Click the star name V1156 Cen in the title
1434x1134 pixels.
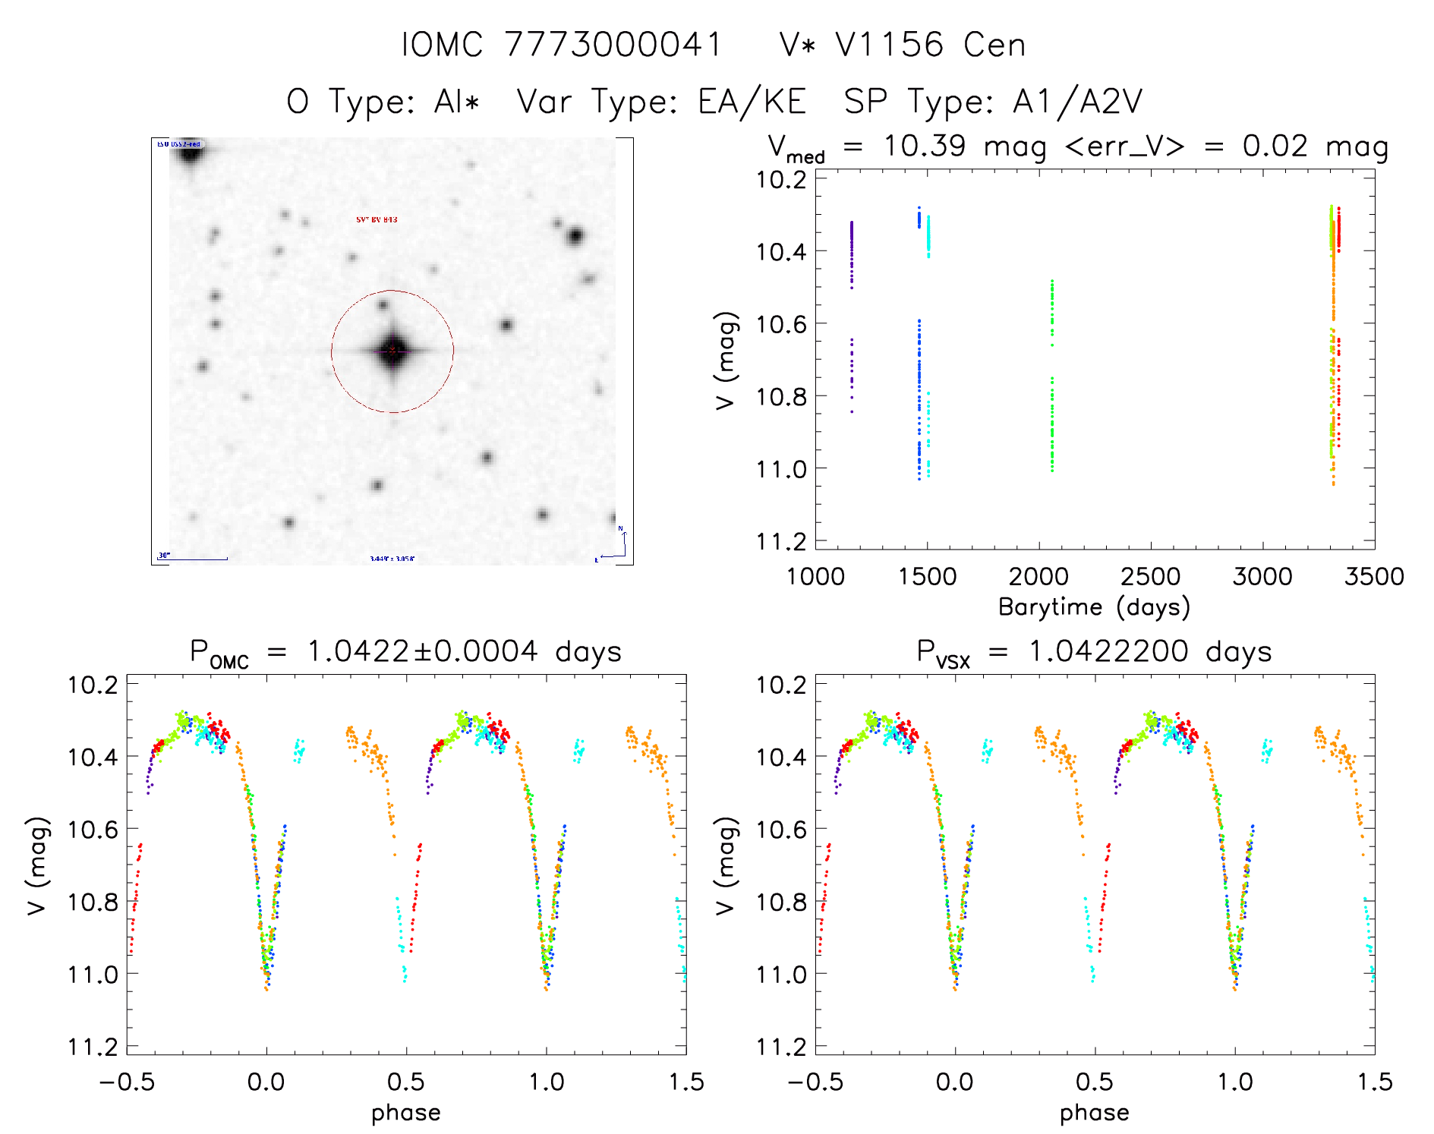[930, 45]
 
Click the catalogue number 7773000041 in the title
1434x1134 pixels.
[613, 45]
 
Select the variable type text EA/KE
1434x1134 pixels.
[752, 102]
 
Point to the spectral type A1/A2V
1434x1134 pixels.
[1077, 102]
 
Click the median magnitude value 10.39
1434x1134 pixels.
[924, 146]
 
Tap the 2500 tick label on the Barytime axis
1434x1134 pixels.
[1150, 576]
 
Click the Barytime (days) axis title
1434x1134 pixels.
[1094, 607]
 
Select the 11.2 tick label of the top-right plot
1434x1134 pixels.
[781, 541]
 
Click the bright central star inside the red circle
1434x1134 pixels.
[392, 351]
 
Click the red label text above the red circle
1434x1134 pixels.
[377, 220]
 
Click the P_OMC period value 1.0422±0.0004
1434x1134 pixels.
[422, 651]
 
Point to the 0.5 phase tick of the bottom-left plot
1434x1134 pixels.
[406, 1082]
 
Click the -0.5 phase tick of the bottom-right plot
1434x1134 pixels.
[815, 1082]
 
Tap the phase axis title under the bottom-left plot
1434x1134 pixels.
[406, 1113]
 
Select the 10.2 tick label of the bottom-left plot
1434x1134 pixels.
[93, 685]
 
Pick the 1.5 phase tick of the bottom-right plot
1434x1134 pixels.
[1374, 1082]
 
